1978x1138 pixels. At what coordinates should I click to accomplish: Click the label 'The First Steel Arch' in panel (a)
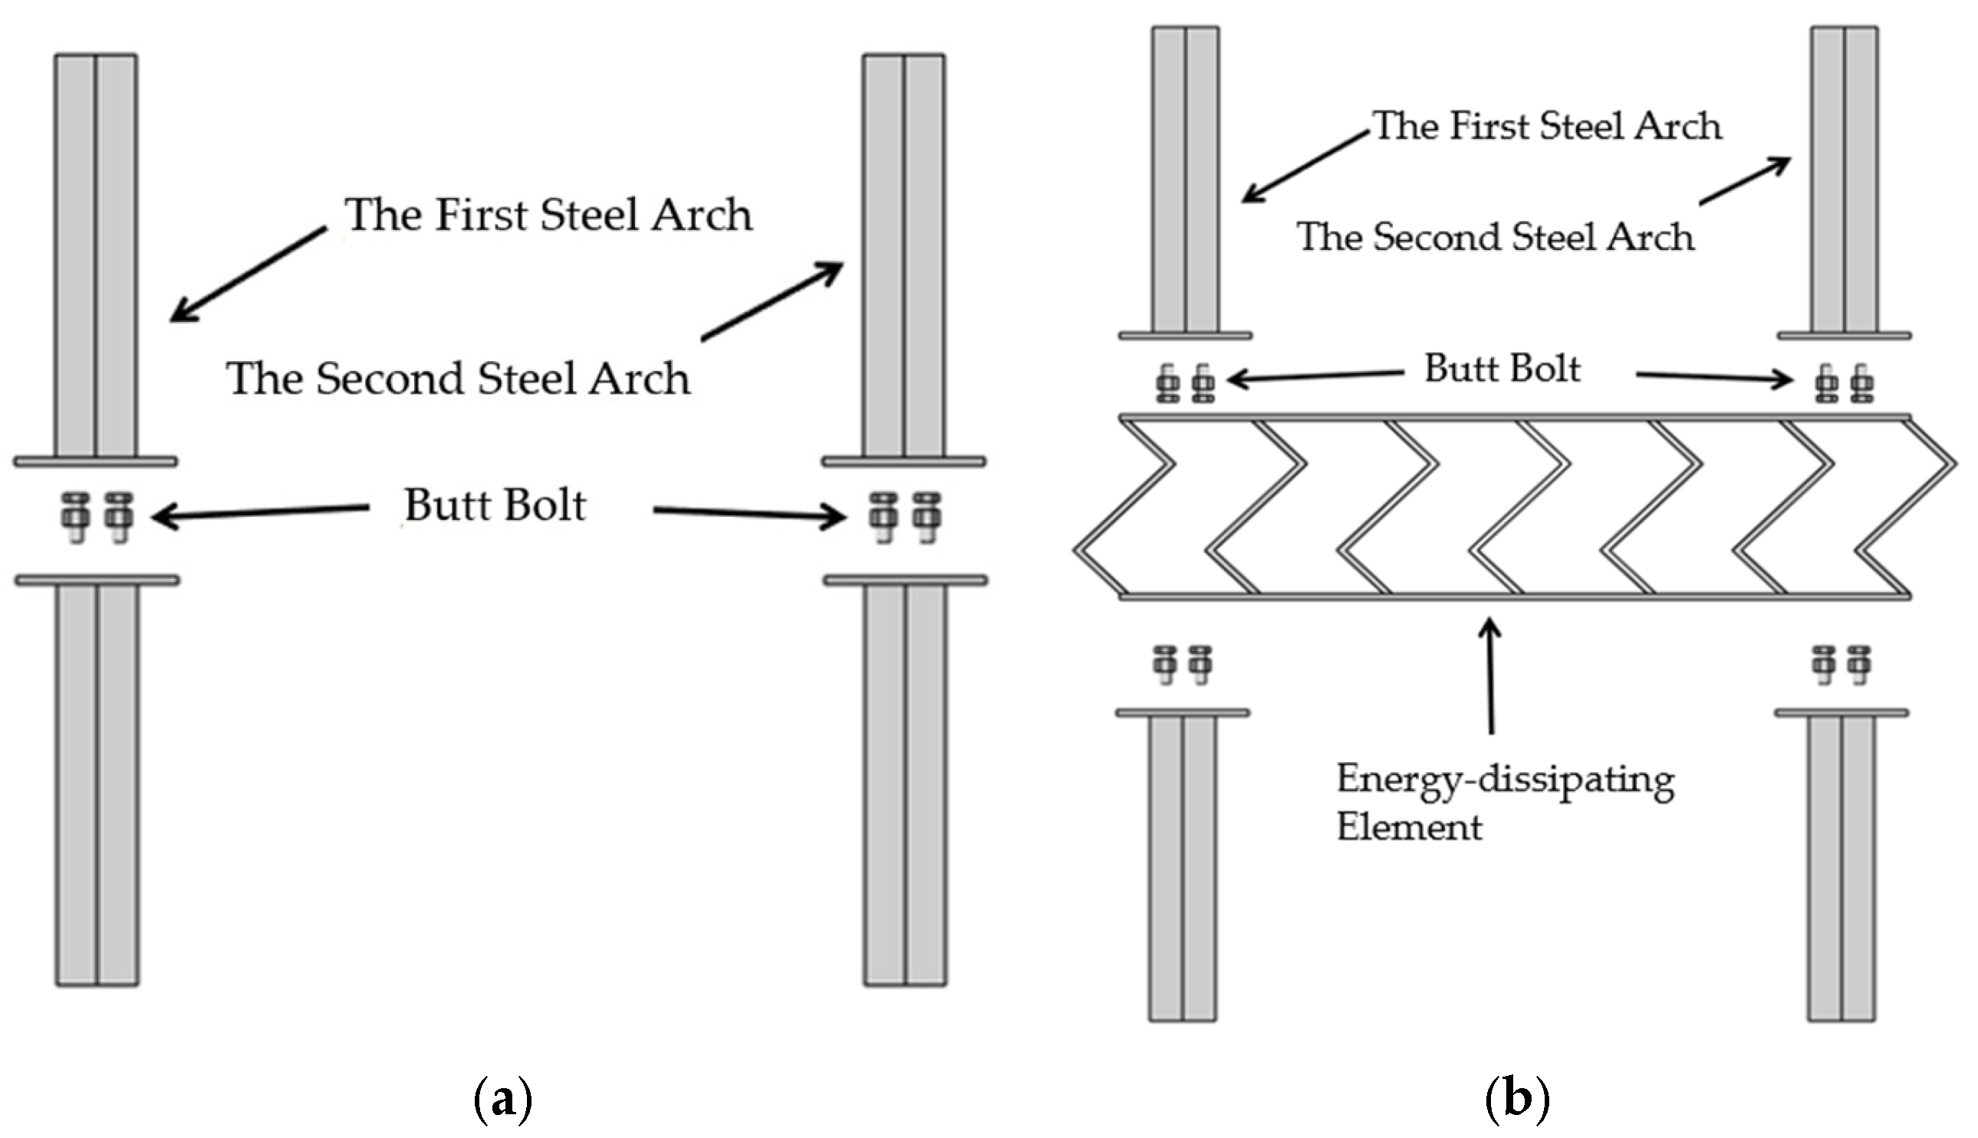(x=548, y=215)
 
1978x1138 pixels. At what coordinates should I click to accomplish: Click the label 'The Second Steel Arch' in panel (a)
(x=458, y=379)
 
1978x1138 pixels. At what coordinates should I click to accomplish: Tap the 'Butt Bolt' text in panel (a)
(x=495, y=505)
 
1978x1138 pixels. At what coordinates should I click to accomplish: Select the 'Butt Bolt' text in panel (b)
(x=1501, y=369)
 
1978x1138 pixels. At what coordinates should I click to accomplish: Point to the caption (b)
(x=1516, y=1099)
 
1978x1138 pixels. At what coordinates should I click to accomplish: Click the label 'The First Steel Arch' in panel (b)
(x=1547, y=127)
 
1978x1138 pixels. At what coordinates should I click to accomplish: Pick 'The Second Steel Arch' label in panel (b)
(x=1495, y=238)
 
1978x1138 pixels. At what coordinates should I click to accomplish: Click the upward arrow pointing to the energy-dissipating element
(x=1490, y=676)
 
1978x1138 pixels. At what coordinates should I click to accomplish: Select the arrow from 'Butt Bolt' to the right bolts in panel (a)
(x=749, y=514)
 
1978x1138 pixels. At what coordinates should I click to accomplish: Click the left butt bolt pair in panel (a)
(x=97, y=517)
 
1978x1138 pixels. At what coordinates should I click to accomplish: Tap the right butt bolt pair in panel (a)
(x=905, y=517)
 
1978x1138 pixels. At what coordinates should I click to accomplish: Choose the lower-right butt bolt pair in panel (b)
(x=1841, y=664)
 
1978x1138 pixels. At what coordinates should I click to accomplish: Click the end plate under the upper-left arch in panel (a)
(x=95, y=462)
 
